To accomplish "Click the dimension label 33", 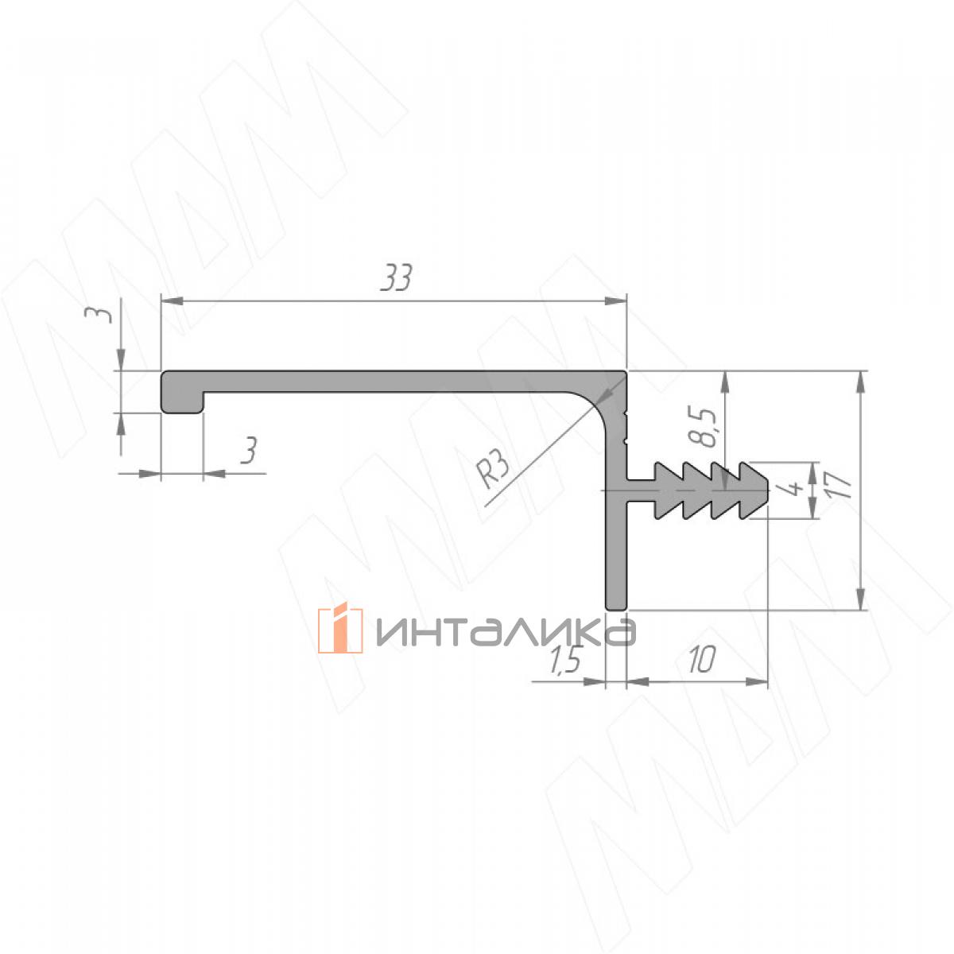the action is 396,278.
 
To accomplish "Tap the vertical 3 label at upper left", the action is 103,314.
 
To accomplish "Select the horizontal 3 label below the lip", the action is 249,450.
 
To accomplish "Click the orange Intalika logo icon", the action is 340,630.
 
